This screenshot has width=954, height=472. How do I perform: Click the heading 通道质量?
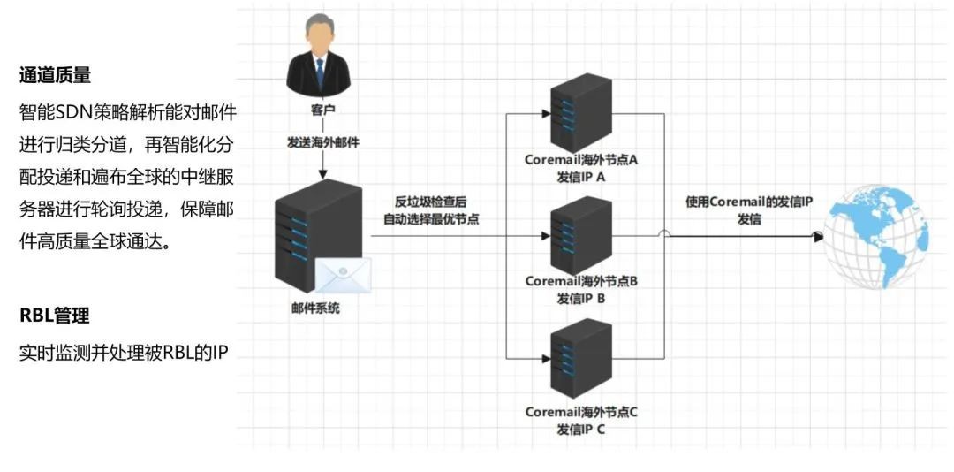click(x=55, y=75)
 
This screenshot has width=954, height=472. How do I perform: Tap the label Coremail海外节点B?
click(x=581, y=281)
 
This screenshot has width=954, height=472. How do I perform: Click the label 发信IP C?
click(x=581, y=429)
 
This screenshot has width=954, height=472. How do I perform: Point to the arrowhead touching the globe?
click(x=818, y=236)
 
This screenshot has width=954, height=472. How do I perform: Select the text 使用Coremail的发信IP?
click(x=749, y=202)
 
